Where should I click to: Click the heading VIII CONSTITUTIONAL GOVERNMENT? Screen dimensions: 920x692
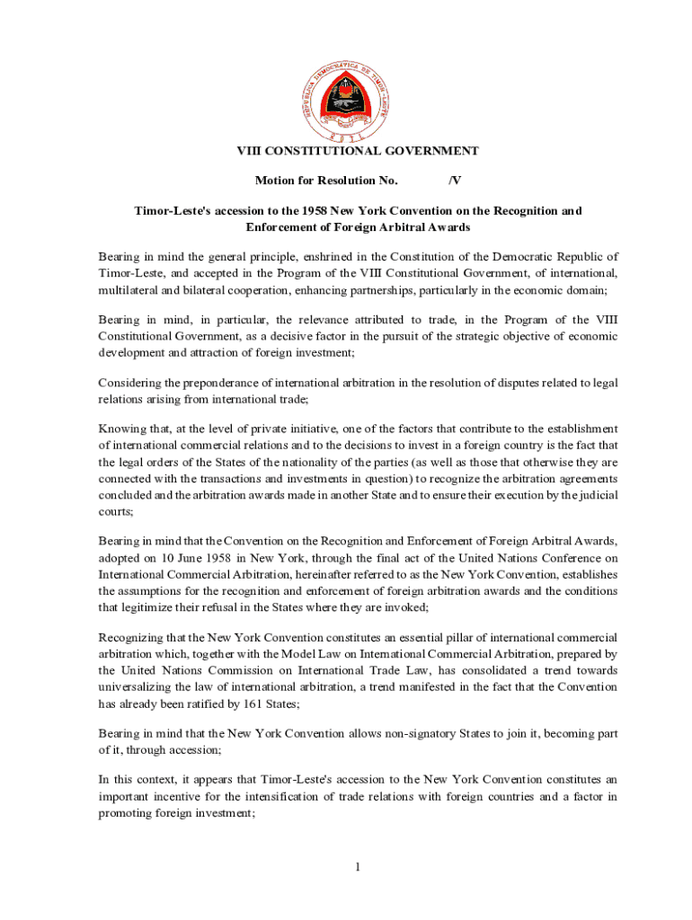click(358, 152)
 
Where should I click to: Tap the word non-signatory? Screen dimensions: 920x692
click(405, 734)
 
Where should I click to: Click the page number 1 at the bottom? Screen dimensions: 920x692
click(357, 867)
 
